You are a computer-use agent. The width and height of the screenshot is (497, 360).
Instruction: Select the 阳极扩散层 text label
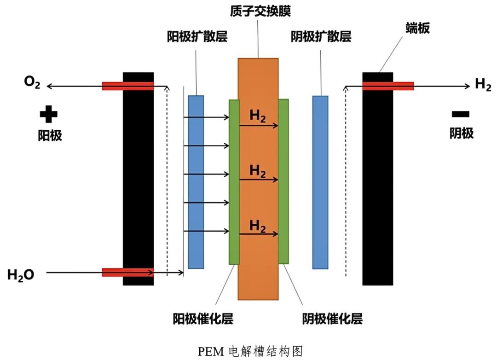(x=196, y=37)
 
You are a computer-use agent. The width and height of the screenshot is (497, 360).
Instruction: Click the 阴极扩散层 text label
(x=321, y=37)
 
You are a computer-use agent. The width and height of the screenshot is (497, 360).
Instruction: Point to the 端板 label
(x=417, y=29)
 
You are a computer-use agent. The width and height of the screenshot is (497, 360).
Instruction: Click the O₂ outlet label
(x=32, y=85)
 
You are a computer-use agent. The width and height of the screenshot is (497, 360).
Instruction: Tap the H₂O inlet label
(x=21, y=275)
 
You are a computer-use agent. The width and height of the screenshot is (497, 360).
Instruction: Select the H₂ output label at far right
(x=483, y=85)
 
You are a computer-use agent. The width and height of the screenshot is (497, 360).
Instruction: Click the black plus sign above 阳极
(x=48, y=115)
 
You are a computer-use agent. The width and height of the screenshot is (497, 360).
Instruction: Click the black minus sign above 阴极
(x=461, y=114)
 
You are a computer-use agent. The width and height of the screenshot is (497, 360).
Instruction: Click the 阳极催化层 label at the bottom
(x=203, y=318)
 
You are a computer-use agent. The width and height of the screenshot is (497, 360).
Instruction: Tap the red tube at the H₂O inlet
(x=127, y=272)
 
